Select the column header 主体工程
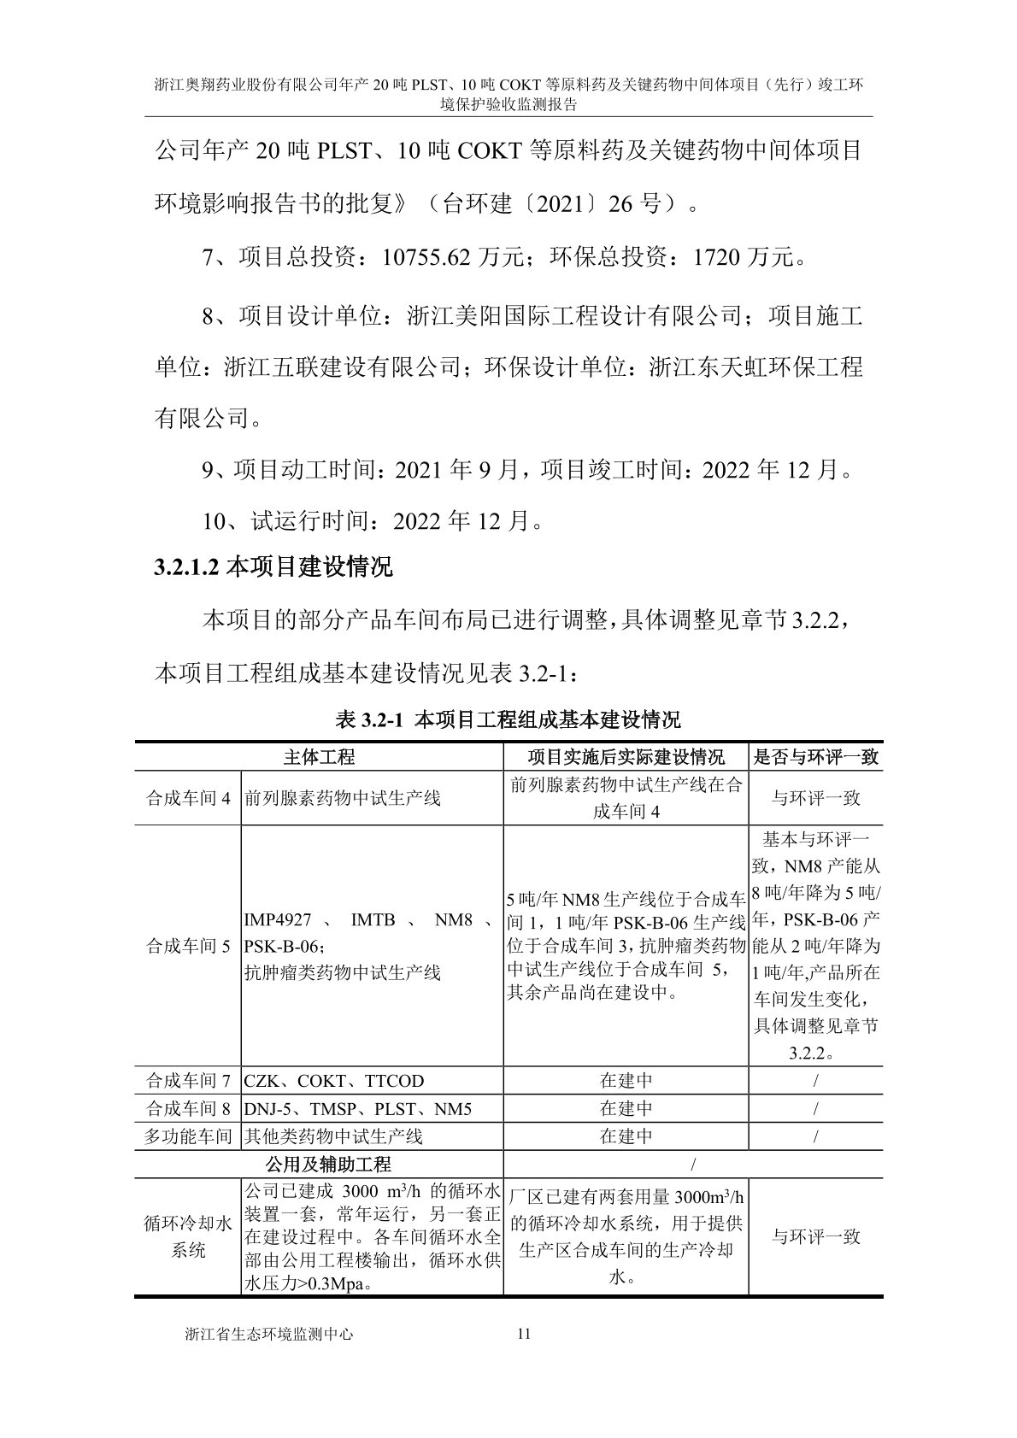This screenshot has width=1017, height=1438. point(319,757)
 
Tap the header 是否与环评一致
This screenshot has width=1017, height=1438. point(815,757)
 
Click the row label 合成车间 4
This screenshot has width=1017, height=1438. point(188,798)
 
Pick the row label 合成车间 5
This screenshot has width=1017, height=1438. point(188,947)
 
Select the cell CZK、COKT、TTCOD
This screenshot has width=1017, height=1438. point(334,1081)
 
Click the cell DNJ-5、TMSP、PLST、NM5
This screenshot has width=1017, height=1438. point(358,1109)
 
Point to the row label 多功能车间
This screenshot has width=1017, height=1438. point(188,1136)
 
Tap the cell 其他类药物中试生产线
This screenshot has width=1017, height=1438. point(334,1136)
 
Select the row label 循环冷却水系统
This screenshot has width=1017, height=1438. point(188,1237)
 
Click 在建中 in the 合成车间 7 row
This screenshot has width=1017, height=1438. point(626,1081)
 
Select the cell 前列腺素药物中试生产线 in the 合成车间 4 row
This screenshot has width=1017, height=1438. point(343,798)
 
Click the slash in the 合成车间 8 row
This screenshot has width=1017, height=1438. point(815,1109)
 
